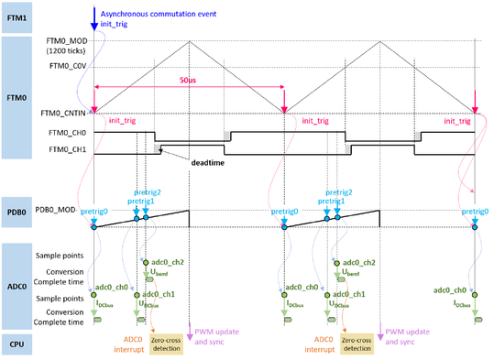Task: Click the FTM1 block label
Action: pyautogui.click(x=16, y=17)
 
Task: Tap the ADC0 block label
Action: pyautogui.click(x=16, y=284)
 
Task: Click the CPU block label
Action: pyautogui.click(x=16, y=344)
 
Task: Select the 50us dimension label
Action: pyautogui.click(x=187, y=81)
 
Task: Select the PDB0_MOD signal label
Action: pyautogui.click(x=60, y=209)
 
